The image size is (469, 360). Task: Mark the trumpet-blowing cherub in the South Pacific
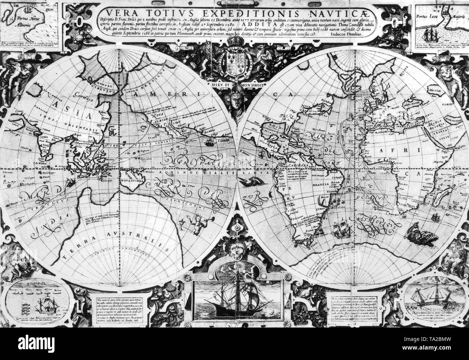tap(195, 221)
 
